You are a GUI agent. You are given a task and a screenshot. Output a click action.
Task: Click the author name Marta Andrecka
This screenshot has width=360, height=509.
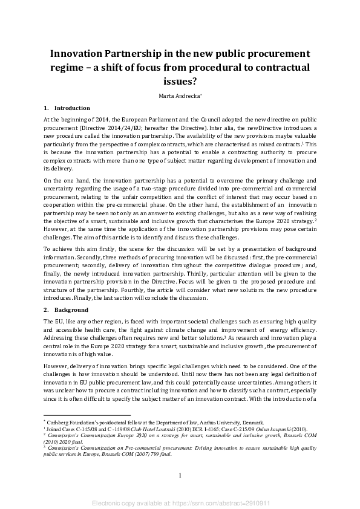179,95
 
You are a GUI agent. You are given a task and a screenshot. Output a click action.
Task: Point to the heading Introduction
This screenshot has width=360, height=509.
73,108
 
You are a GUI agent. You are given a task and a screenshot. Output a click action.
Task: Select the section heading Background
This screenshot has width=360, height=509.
71,310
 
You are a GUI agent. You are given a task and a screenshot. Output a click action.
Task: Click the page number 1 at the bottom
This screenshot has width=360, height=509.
180,476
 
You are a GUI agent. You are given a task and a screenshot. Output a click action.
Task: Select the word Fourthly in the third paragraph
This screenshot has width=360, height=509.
129,290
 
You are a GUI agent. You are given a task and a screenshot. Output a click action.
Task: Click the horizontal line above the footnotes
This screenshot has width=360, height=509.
87,415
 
